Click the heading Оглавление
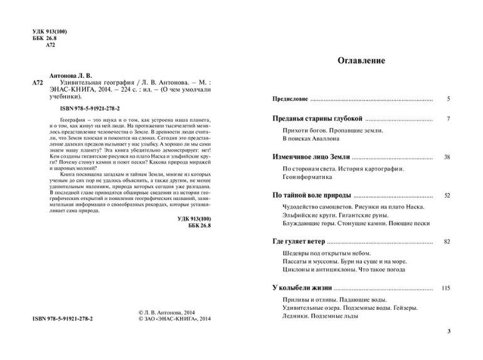pos(361,61)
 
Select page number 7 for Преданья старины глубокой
pos(448,119)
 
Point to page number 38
pos(447,157)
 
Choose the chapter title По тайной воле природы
pos(312,196)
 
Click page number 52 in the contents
pos(447,196)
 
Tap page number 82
pos(447,241)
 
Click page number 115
pos(446,288)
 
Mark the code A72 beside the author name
pos(38,82)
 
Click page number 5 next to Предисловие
pos(448,100)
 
